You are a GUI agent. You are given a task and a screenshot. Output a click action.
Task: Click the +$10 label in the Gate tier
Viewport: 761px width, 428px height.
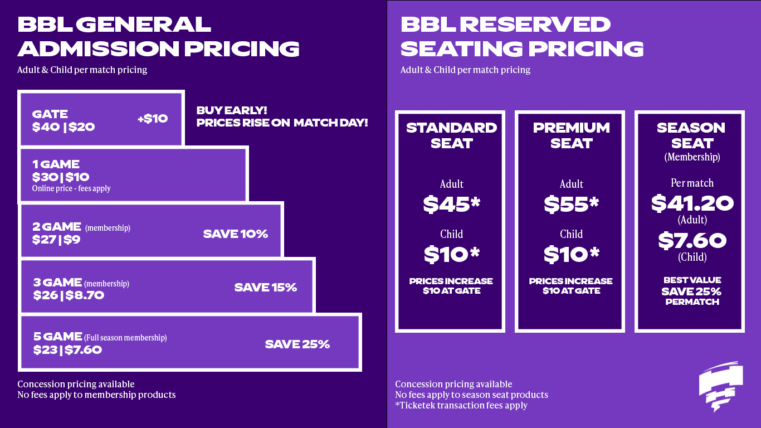[x=153, y=119]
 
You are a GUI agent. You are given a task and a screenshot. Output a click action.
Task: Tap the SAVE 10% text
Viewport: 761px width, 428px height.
[x=236, y=234]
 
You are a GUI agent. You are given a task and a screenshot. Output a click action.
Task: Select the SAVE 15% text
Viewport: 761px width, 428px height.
[x=266, y=288]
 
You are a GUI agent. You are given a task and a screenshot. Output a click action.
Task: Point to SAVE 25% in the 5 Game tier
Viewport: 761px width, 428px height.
[x=297, y=344]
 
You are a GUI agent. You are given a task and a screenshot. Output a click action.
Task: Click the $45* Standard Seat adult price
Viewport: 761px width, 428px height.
[x=451, y=205]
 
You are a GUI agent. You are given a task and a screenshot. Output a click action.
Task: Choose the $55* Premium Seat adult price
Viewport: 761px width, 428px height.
[x=572, y=205]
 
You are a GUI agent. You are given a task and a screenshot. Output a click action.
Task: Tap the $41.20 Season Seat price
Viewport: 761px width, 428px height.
[x=692, y=203]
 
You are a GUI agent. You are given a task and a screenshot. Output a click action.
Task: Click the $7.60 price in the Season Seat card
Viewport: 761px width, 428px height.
[x=692, y=241]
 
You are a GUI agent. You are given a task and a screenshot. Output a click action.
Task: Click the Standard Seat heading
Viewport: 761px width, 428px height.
[x=451, y=135]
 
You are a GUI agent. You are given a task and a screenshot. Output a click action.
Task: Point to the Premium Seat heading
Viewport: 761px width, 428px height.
[x=572, y=135]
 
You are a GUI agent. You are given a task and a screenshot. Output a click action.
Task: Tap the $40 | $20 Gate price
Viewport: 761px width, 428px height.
[x=63, y=127]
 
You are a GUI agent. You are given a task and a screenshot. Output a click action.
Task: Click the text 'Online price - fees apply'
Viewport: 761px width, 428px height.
[x=71, y=188]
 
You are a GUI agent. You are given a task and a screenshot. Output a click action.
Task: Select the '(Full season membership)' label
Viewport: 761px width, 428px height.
[x=126, y=338]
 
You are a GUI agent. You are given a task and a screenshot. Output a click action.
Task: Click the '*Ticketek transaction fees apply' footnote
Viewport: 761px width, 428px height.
[x=461, y=405]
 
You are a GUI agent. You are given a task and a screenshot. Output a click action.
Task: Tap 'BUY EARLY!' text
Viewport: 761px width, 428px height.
[x=232, y=110]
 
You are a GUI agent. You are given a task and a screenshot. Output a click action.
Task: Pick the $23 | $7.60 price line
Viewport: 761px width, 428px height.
[x=67, y=350]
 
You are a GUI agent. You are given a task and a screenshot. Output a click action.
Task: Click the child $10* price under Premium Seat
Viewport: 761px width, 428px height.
[x=572, y=254]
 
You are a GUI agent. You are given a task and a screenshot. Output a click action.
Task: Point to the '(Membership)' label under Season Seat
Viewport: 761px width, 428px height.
[x=692, y=157]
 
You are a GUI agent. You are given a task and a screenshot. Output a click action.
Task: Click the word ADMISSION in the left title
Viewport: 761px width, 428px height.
[x=98, y=48]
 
